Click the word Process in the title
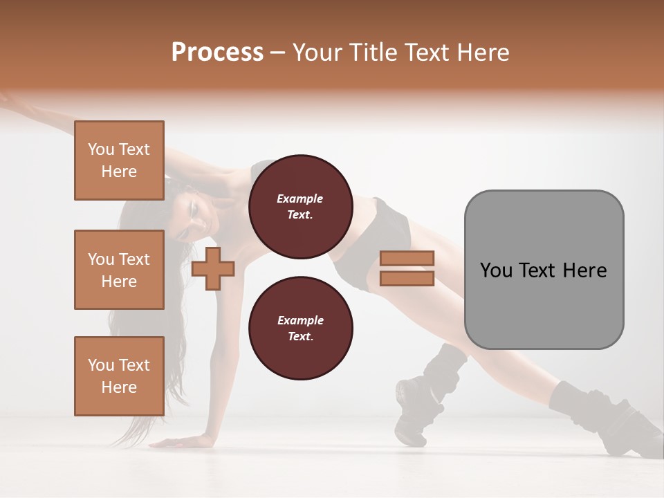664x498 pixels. [217, 53]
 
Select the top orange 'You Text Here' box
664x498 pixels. [119, 160]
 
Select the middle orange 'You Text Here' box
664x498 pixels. [119, 270]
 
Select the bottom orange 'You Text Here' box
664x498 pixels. [119, 376]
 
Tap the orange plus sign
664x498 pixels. [212, 269]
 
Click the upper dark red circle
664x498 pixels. [300, 207]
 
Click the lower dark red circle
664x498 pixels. [300, 329]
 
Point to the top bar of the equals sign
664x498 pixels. [407, 259]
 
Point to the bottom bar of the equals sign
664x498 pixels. [407, 279]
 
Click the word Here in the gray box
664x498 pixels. [585, 270]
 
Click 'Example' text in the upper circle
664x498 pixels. [300, 199]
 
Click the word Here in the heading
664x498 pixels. [481, 53]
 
